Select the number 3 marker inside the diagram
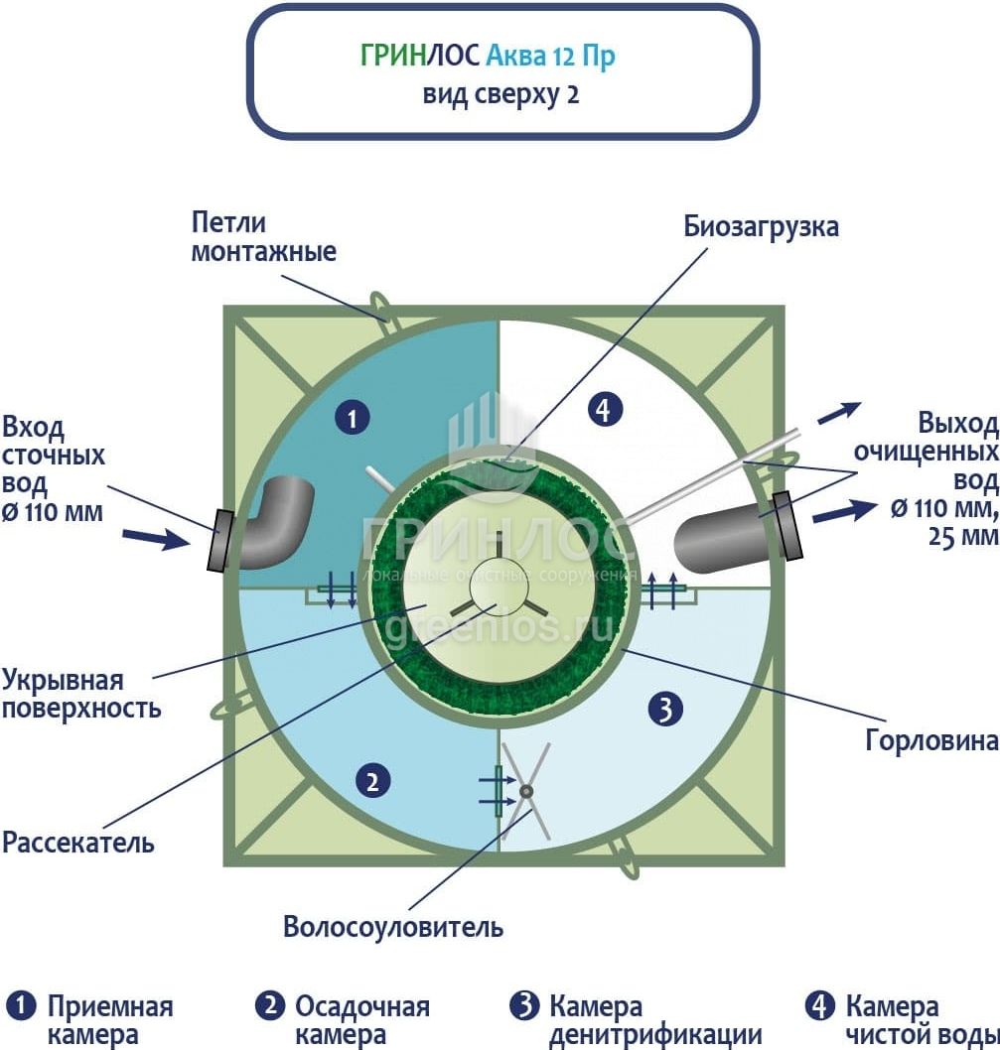[x=665, y=708]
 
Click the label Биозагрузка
[x=761, y=226]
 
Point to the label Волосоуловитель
[x=393, y=928]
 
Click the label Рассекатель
[x=78, y=844]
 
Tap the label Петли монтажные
[x=263, y=237]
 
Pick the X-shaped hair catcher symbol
[x=525, y=791]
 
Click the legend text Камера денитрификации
[x=654, y=1021]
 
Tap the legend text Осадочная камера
[x=361, y=1021]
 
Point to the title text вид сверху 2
[x=501, y=95]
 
